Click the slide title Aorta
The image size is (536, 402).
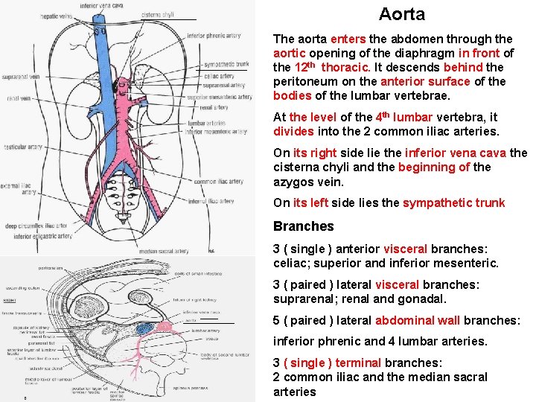(x=401, y=14)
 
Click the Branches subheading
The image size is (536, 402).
(x=303, y=226)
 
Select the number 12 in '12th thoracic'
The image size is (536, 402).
(x=301, y=67)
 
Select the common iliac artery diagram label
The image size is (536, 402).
(x=218, y=182)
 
